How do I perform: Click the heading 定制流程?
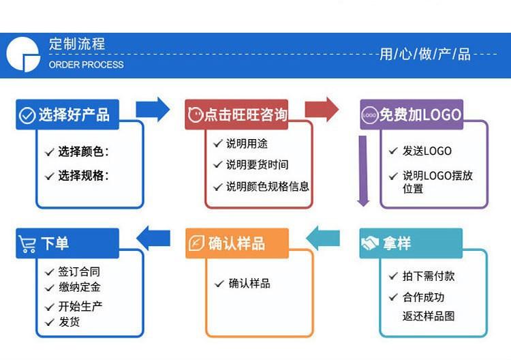tap(77, 45)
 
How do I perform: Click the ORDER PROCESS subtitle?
tap(86, 65)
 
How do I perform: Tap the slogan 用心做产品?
tap(424, 54)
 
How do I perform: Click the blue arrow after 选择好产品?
tap(153, 109)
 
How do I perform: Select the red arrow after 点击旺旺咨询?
tap(322, 109)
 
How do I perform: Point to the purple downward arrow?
tap(363, 170)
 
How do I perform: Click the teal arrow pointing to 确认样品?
tap(322, 238)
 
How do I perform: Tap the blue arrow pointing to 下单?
tap(153, 238)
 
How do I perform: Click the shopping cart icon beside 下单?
tap(28, 244)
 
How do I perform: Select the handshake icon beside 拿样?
tap(370, 244)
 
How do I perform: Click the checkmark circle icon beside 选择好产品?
tap(27, 115)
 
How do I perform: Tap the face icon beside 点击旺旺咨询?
tap(195, 115)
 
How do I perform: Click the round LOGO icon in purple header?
tap(370, 115)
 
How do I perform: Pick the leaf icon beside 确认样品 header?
tap(196, 244)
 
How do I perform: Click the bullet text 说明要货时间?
tap(257, 164)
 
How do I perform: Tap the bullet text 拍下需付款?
tap(428, 276)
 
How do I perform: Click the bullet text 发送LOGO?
tap(427, 151)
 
